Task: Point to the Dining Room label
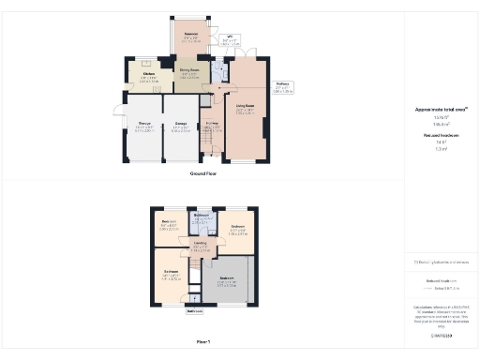tap(189, 72)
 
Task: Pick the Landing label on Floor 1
tap(201, 245)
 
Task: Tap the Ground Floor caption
tap(204, 174)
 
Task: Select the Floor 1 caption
tap(202, 343)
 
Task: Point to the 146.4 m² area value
tap(440, 124)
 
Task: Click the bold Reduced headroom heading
tap(441, 135)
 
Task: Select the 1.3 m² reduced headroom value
tap(440, 148)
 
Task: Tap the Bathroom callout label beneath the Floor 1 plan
tap(195, 310)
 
